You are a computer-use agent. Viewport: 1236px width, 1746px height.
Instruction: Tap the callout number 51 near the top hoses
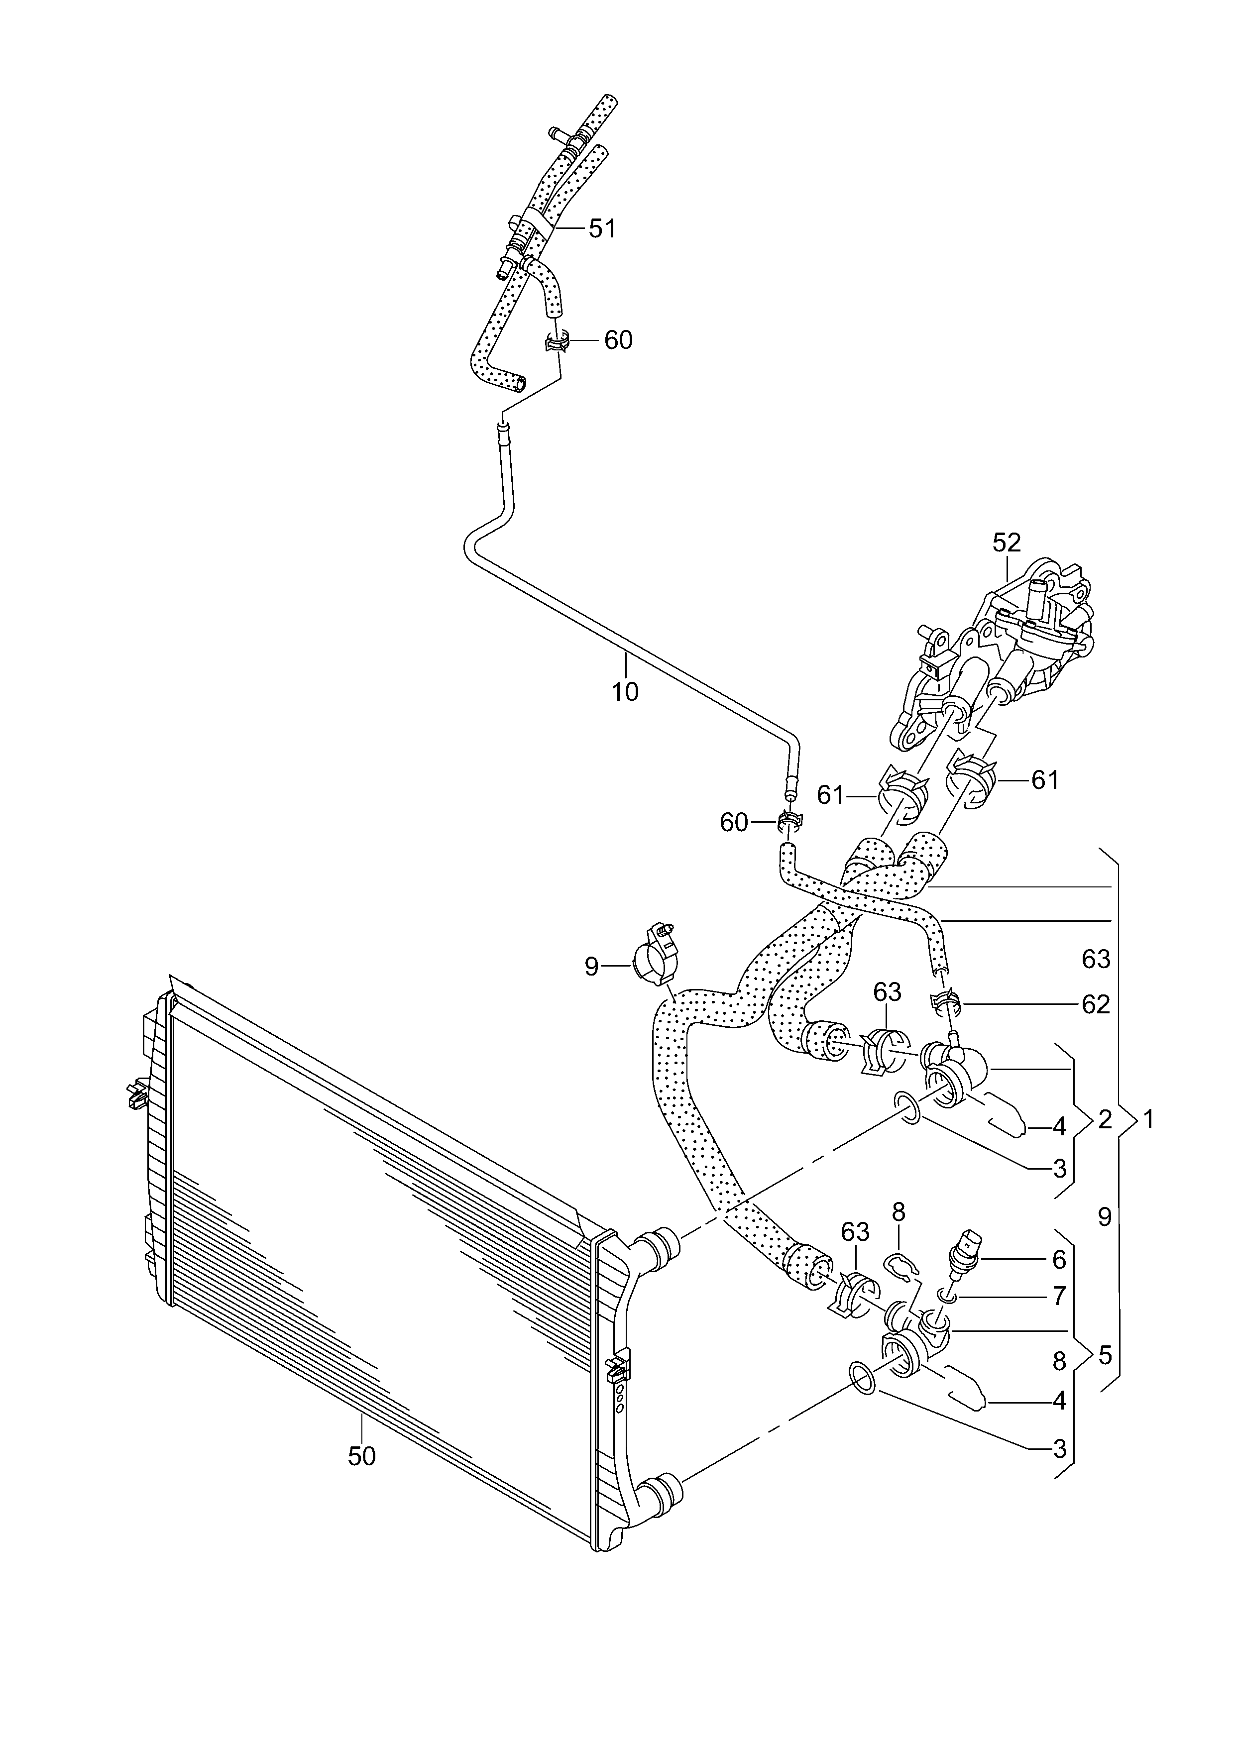pos(602,228)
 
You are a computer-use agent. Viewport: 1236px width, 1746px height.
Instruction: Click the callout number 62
pos(1096,1005)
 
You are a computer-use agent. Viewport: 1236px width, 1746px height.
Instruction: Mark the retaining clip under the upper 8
pos(902,1265)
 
